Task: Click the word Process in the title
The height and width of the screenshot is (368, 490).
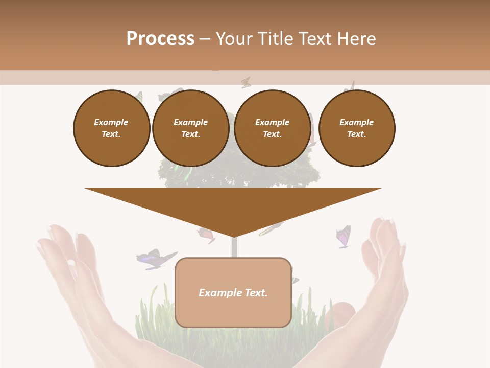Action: (x=160, y=39)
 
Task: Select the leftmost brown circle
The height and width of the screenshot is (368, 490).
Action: (x=112, y=128)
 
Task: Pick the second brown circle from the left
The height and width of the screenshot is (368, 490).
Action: (x=191, y=128)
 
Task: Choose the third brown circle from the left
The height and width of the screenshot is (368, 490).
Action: (x=273, y=128)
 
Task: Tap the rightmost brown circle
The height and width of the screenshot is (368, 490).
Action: (x=357, y=128)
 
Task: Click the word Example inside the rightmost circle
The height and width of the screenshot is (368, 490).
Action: (x=356, y=122)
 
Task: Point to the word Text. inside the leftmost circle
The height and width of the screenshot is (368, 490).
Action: (x=111, y=134)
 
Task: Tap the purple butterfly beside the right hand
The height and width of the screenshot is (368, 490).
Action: (x=343, y=237)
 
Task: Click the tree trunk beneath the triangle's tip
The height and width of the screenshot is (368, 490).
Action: (x=234, y=247)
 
